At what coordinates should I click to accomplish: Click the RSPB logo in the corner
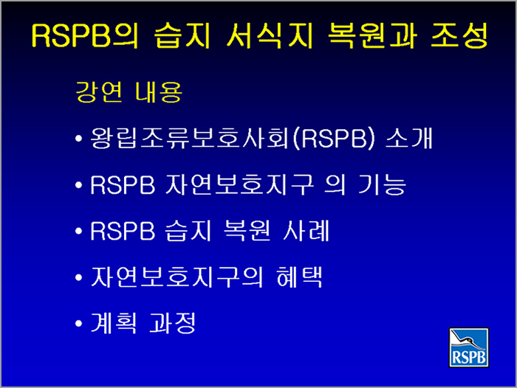coord(468,347)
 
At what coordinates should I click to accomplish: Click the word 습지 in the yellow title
coord(182,35)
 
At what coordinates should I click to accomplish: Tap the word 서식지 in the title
coord(270,35)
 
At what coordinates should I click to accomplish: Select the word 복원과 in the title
coord(372,35)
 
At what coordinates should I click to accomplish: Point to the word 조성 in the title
coord(459,35)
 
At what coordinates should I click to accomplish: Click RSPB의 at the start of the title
coord(85,35)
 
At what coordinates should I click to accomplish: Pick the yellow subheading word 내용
coord(159,91)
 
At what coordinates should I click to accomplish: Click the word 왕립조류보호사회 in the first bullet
coord(190,138)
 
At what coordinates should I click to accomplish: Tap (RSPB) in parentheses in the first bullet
coord(334,138)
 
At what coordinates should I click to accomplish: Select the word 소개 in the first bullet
coord(409,138)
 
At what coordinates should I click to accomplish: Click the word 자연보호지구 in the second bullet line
coord(240,184)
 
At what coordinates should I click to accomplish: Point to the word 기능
coord(382,184)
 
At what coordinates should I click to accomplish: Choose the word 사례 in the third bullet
coord(306,231)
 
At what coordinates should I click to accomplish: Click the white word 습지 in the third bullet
coord(188,231)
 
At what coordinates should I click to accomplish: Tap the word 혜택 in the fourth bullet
coord(299,277)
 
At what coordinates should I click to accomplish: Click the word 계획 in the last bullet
coord(114,323)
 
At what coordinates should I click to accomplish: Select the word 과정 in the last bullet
coord(172,323)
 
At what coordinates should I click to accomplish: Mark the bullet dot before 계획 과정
coord(78,323)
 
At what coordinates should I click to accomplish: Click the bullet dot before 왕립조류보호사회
coord(78,139)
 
